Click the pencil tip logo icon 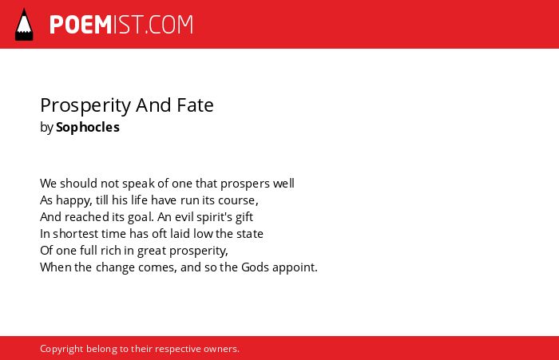(24, 25)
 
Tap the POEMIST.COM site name (121, 25)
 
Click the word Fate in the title (195, 105)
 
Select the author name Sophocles (88, 127)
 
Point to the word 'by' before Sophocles (46, 128)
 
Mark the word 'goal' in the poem (141, 217)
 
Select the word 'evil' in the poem (184, 217)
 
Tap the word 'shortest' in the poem (76, 234)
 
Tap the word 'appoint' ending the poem (294, 267)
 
